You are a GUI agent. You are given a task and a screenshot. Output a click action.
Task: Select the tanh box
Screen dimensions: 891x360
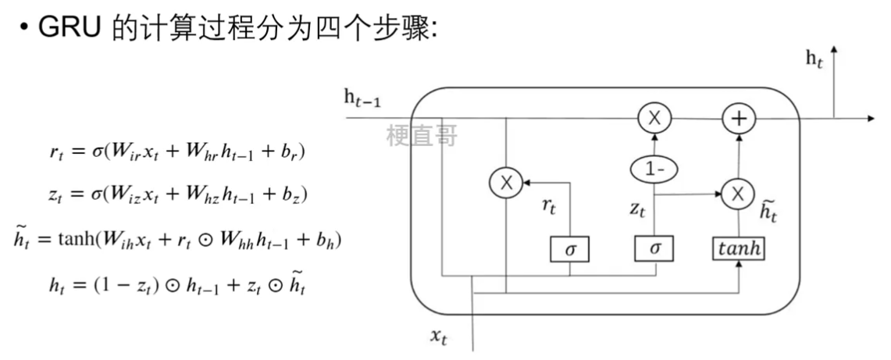tap(738, 249)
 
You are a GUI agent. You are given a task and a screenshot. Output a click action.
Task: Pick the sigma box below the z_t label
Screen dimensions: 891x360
tap(654, 249)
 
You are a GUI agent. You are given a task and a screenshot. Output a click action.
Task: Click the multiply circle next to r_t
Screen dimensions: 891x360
tap(506, 184)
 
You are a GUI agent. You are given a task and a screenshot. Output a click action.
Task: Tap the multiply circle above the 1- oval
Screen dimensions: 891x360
tap(654, 119)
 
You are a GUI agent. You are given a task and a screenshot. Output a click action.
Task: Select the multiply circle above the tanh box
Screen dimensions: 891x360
tap(736, 192)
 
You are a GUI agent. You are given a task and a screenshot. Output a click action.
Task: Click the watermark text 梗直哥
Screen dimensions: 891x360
tap(421, 136)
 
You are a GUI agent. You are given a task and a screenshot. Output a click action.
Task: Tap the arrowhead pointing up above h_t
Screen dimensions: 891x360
tap(835, 49)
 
